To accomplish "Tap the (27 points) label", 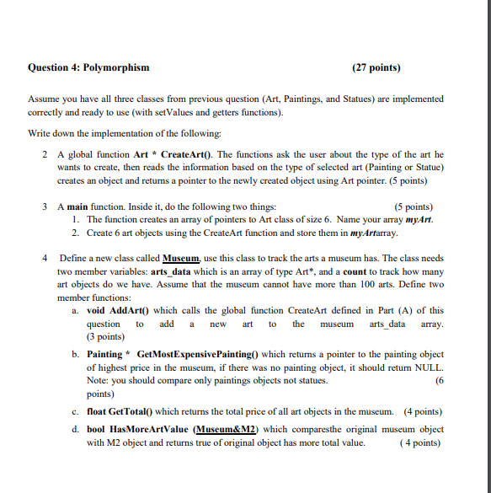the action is coord(376,67).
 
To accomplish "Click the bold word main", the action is coord(82,206).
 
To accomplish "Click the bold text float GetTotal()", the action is coord(120,412).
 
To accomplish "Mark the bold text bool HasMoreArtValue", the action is coord(138,428).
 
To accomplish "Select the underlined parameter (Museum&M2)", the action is coord(227,428).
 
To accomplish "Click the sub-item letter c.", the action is coord(76,412).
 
